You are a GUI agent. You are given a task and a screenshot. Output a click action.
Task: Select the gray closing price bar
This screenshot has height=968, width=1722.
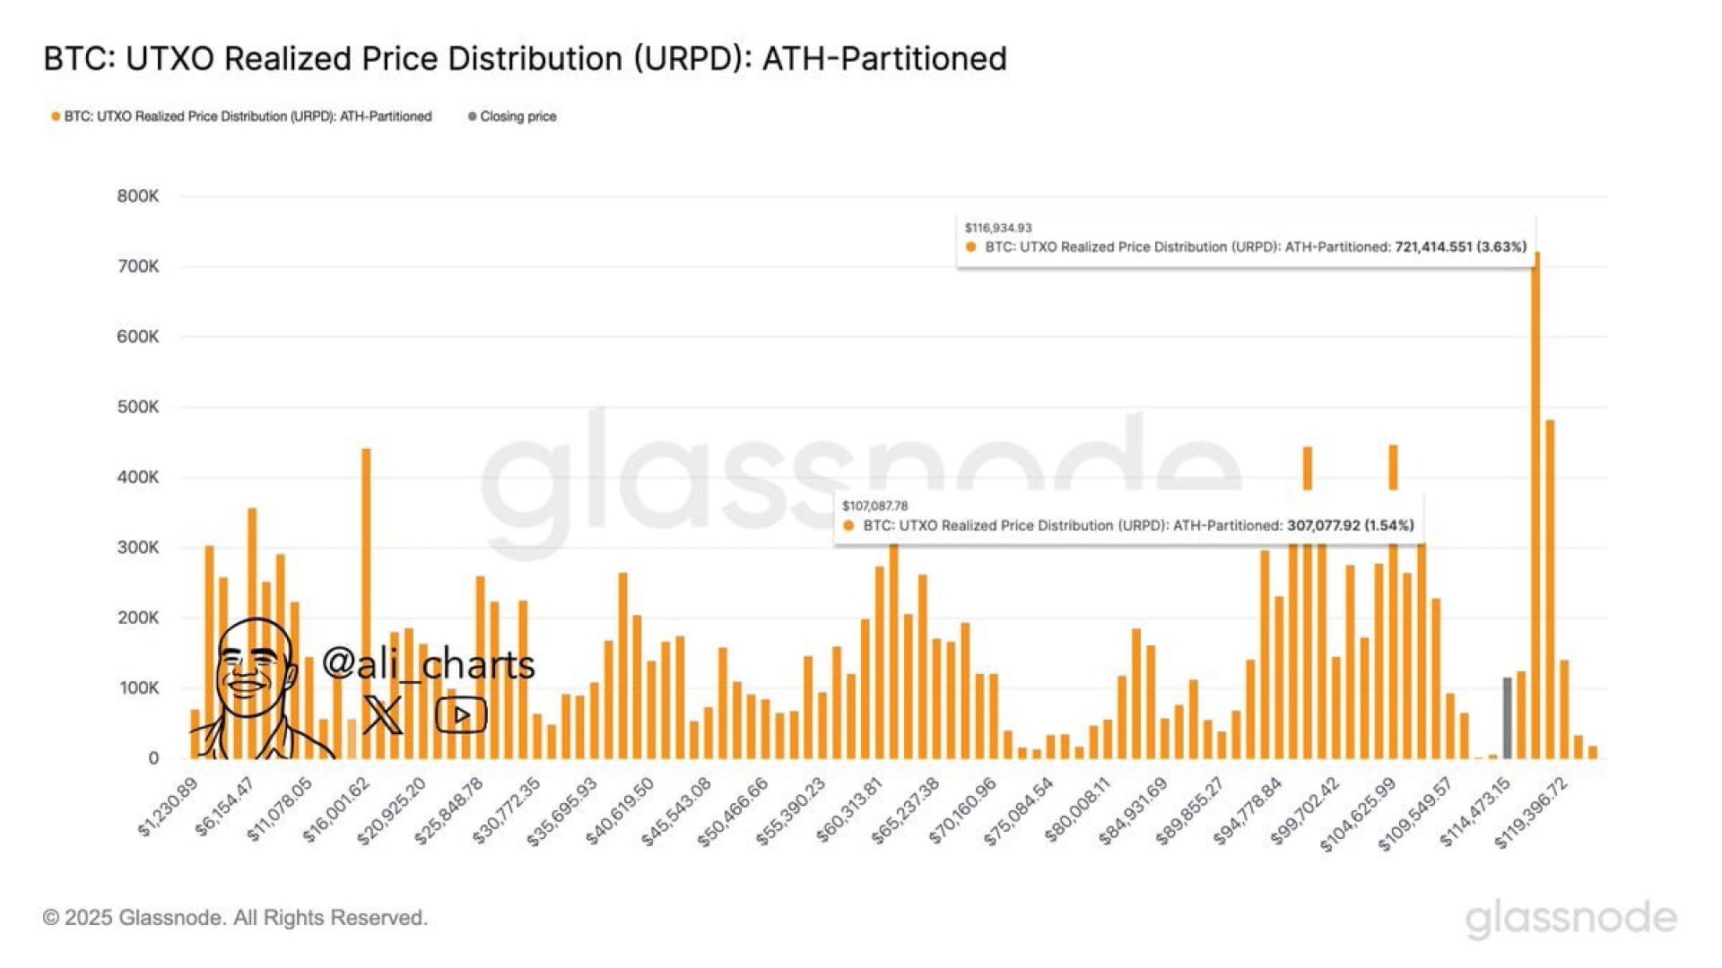1507,718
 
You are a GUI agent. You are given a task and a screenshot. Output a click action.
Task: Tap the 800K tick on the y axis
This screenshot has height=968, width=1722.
138,196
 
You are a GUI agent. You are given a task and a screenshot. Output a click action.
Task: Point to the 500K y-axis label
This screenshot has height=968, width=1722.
138,407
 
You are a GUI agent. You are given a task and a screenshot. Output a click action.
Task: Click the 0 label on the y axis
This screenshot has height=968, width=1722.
153,758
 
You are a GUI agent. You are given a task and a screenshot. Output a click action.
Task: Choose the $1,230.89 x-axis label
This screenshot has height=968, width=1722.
169,808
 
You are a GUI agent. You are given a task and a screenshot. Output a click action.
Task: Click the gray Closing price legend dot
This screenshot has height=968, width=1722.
472,117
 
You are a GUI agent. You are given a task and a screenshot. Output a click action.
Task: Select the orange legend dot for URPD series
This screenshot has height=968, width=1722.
56,117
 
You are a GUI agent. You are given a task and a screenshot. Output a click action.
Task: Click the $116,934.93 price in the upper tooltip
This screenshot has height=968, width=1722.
998,228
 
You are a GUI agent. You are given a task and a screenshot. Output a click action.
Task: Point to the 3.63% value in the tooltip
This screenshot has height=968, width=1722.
1501,246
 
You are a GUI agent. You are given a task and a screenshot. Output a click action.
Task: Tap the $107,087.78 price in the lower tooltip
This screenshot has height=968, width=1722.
874,506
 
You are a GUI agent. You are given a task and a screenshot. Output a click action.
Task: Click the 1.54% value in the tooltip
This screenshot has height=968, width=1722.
1388,525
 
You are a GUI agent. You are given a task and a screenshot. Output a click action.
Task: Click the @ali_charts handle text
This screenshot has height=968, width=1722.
428,664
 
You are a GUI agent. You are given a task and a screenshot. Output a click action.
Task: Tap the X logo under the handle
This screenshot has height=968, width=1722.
383,714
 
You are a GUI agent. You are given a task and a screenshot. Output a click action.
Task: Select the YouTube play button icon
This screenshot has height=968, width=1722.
461,715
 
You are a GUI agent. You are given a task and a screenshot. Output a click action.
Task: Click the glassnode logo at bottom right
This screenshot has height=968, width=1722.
1570,919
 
